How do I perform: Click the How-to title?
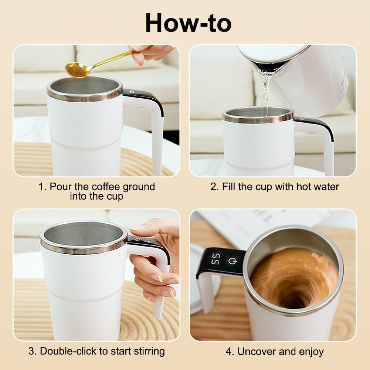click(x=188, y=23)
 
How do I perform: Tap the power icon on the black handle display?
click(x=232, y=261)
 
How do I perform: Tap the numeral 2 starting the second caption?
click(x=213, y=187)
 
